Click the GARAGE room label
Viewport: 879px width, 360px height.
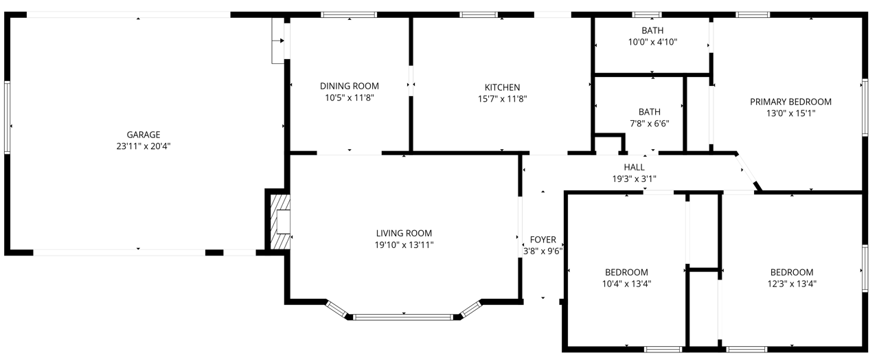[144, 135]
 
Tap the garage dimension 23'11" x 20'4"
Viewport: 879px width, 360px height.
[144, 146]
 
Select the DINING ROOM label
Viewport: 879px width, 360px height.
[350, 86]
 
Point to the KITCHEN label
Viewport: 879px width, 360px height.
[502, 87]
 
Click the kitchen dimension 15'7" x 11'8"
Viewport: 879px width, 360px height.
[502, 99]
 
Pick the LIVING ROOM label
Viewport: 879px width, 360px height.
[404, 233]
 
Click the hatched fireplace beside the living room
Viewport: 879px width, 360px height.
[280, 222]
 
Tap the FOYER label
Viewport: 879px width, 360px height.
[543, 240]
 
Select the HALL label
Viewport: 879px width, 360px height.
[634, 167]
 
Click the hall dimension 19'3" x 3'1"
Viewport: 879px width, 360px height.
[634, 179]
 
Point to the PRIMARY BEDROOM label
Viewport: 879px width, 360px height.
[790, 102]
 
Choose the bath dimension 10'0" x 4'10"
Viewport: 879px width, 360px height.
[652, 42]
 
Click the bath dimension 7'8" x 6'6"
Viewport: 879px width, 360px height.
[650, 124]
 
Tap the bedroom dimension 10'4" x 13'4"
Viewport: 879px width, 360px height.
[627, 284]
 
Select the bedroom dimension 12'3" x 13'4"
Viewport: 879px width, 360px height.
[792, 284]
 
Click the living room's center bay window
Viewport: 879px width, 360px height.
[403, 317]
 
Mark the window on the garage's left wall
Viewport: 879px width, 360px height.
[7, 117]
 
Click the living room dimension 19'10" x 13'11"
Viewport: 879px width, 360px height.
[404, 245]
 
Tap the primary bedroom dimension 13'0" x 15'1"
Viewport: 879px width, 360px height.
[790, 113]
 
